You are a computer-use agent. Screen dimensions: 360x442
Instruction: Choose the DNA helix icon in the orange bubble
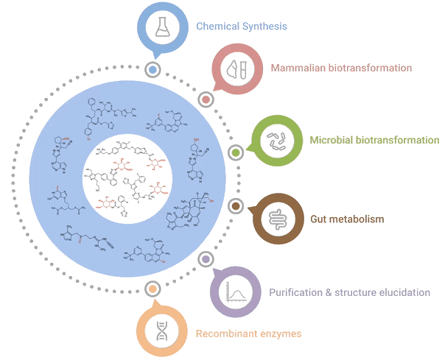[x=162, y=332]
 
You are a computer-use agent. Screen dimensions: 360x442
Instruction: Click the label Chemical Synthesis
[x=242, y=27]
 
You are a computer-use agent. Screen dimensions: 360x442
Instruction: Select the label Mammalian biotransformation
[x=340, y=68]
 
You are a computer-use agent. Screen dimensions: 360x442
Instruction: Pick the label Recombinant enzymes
[x=248, y=334]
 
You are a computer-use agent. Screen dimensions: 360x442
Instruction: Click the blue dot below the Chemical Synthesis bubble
[x=152, y=71]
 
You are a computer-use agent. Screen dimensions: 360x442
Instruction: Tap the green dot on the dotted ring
[x=236, y=152]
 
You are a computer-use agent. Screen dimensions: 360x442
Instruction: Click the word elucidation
[x=402, y=292]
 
